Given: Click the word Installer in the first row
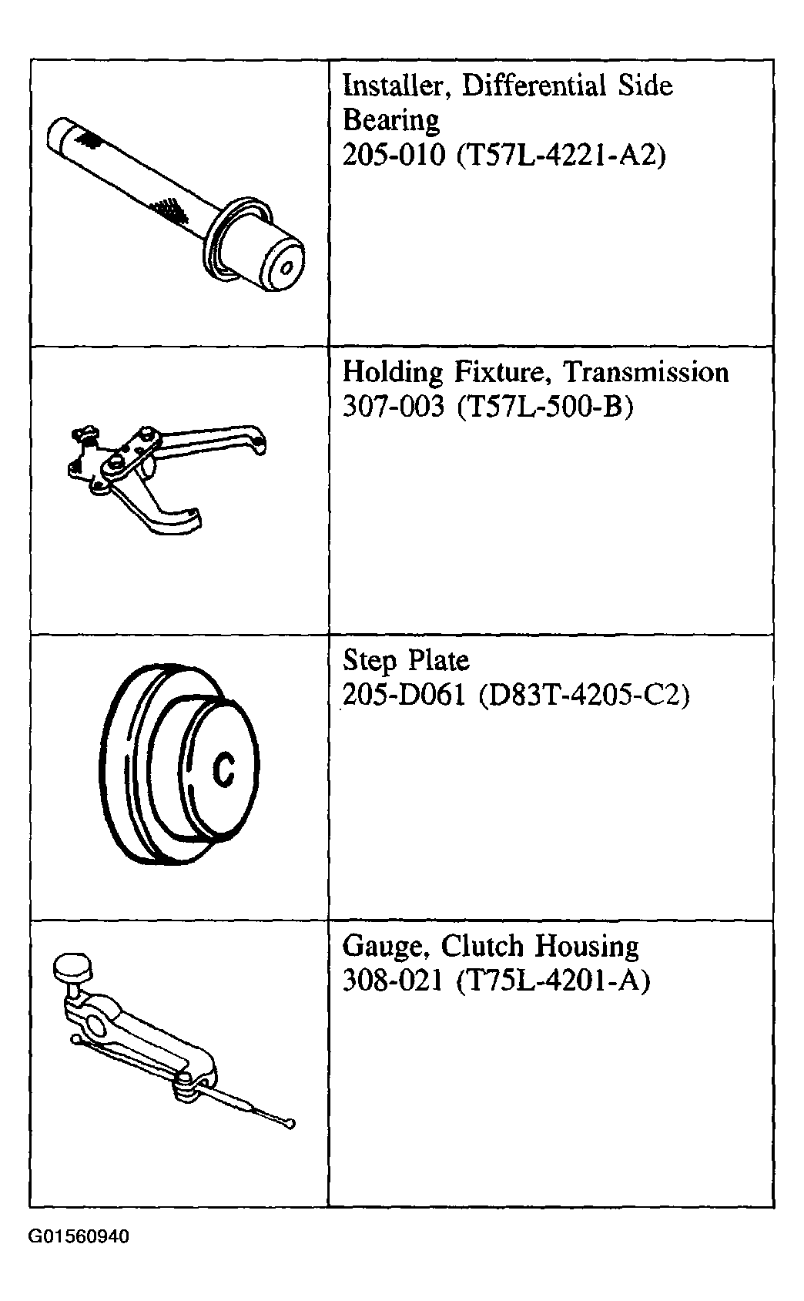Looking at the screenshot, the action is (x=393, y=86).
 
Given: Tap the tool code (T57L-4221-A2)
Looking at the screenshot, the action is (x=561, y=156).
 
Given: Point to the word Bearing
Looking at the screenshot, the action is (x=391, y=122).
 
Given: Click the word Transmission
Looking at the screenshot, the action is (x=646, y=372).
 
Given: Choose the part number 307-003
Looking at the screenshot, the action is (x=394, y=406).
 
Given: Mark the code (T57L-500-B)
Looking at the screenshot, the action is (x=545, y=407).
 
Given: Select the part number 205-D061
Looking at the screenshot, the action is (x=404, y=694).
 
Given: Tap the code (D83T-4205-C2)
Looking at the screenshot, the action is (x=584, y=695).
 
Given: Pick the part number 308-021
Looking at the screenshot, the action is (x=393, y=981).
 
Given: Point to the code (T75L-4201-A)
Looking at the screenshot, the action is (x=554, y=981).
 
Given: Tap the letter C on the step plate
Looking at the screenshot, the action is (x=224, y=769).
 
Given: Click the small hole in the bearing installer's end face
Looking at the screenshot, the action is (x=286, y=268).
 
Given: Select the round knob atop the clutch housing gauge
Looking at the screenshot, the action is (x=72, y=965).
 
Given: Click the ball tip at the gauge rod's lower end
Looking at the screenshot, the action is (x=289, y=1125).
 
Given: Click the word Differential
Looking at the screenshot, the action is (x=534, y=86).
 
